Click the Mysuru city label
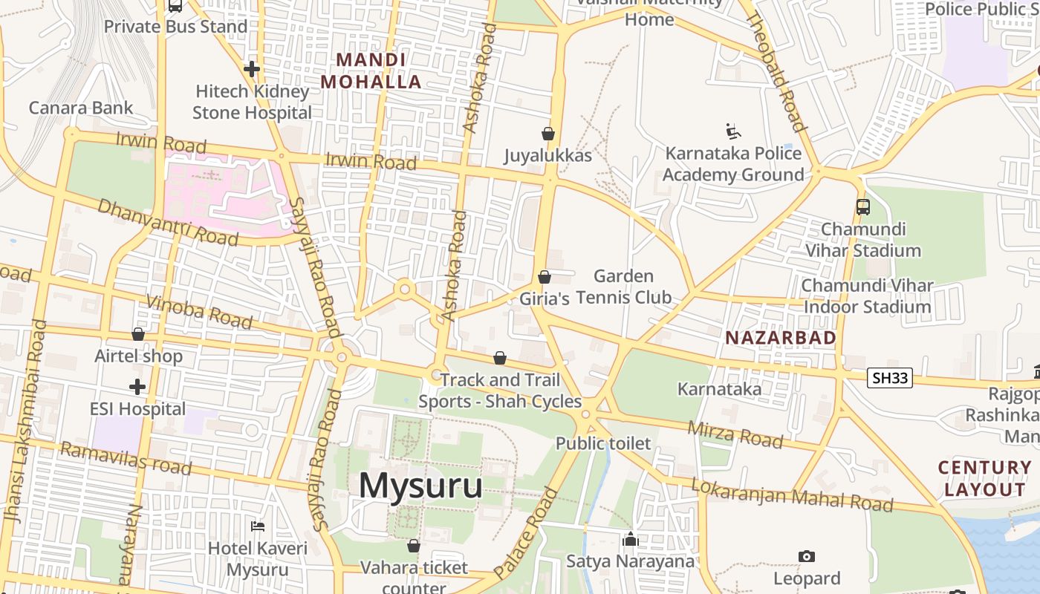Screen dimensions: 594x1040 [x=420, y=486]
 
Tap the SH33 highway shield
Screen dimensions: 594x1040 [x=890, y=378]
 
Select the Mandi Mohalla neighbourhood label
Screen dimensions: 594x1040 [x=371, y=71]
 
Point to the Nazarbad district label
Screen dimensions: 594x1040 [x=781, y=338]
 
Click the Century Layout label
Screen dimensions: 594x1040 [x=985, y=479]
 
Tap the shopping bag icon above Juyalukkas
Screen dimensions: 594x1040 [x=548, y=134]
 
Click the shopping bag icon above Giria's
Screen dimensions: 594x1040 [x=545, y=277]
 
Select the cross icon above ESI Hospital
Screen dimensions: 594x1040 [x=137, y=387]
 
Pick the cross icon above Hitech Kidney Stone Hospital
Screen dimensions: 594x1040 [x=252, y=69]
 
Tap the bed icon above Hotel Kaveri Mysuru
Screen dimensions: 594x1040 [x=258, y=526]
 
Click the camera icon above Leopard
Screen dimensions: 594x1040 [x=807, y=556]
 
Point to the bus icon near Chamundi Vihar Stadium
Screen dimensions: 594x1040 [x=862, y=207]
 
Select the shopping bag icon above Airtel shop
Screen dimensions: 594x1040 [x=138, y=334]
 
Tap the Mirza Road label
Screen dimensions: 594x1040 [x=735, y=434]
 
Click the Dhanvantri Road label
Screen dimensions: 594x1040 [x=168, y=222]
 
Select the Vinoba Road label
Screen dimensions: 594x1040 [x=200, y=311]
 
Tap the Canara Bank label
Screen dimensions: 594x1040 [x=81, y=108]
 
